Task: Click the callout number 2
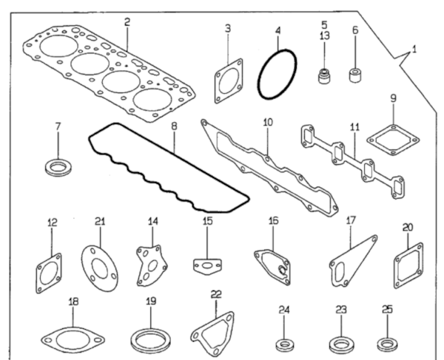(x=127, y=22)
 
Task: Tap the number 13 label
(x=325, y=36)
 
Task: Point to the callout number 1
(x=414, y=50)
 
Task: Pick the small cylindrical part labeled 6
(x=354, y=75)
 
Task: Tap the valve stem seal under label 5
(x=325, y=75)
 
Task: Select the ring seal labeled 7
(x=58, y=167)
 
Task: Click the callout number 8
(x=174, y=126)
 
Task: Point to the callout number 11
(x=354, y=127)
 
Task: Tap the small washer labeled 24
(x=285, y=345)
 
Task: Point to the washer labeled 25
(x=387, y=344)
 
